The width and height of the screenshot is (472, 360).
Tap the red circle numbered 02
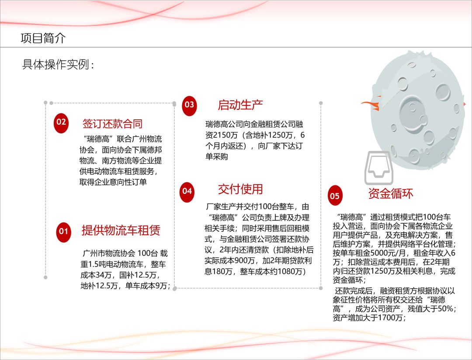61,122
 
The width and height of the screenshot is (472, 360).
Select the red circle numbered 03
189,105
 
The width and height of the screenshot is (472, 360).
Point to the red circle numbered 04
187,191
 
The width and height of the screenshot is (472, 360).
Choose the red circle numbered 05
334,196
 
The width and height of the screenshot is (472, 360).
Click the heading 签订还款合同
112,124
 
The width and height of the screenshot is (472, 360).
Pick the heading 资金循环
390,194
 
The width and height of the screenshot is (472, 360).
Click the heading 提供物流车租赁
121,230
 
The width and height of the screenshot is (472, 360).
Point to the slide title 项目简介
43,38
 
